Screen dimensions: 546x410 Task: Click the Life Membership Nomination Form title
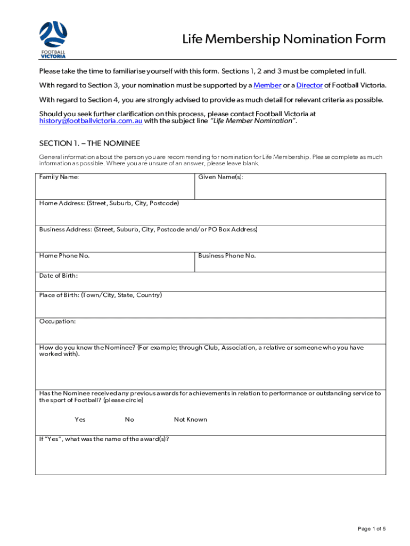[284, 39]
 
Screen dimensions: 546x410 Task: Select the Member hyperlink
[267, 85]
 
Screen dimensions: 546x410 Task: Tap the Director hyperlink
[309, 85]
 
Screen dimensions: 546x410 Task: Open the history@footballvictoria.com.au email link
[91, 121]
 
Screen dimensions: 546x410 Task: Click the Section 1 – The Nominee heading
[89, 144]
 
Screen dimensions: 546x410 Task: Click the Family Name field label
[59, 177]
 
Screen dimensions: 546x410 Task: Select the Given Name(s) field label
[220, 177]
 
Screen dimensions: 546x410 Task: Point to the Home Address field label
[109, 203]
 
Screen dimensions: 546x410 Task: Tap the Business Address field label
[148, 229]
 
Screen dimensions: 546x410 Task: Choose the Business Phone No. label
[227, 255]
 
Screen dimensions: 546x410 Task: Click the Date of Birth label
[59, 276]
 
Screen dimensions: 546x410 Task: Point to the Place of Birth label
[101, 295]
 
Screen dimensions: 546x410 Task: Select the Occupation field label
[58, 322]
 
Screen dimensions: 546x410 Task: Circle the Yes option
[80, 420]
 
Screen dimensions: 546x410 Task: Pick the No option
[129, 420]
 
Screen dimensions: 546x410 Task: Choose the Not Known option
[191, 420]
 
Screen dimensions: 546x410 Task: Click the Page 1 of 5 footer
[372, 528]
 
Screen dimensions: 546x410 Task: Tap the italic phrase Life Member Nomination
[253, 121]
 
